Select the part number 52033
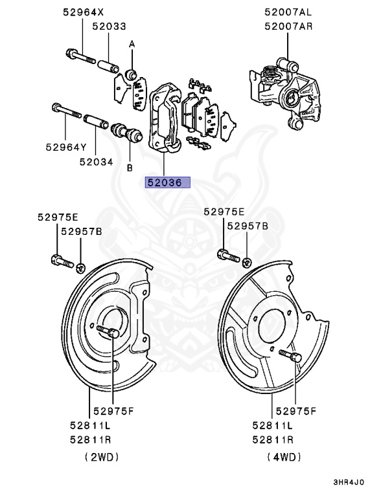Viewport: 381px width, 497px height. (x=108, y=27)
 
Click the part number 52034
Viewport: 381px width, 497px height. (x=96, y=162)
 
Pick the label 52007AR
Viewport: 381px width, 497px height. (x=288, y=27)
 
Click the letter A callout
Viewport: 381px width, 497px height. (x=132, y=44)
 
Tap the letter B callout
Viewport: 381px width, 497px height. (x=130, y=168)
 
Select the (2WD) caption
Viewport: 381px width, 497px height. (x=102, y=457)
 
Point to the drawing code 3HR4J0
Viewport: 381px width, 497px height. (x=349, y=482)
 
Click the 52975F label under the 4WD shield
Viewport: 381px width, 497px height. (x=295, y=411)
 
